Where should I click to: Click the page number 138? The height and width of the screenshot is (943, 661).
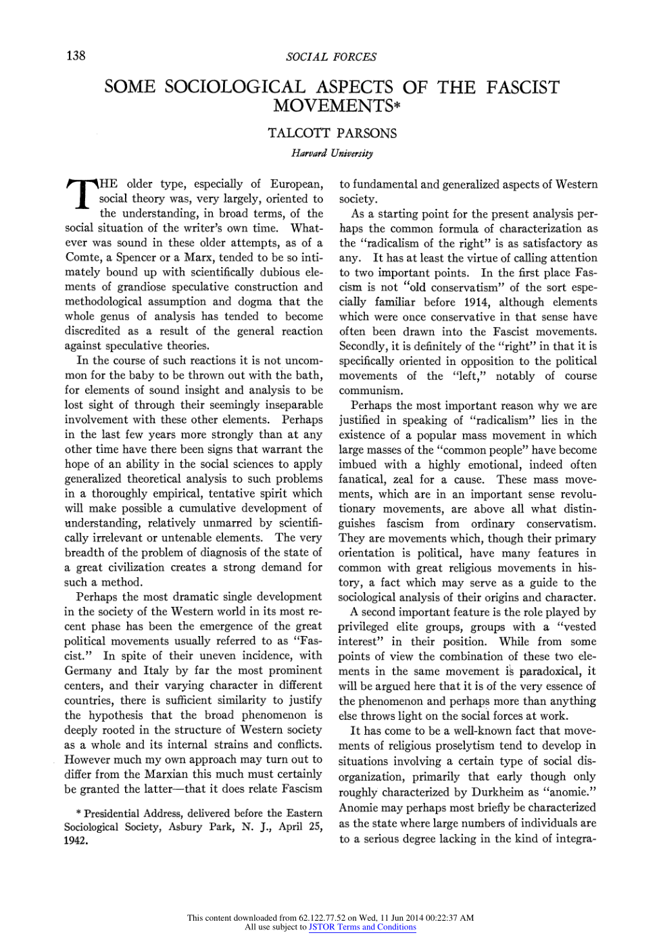click(x=76, y=55)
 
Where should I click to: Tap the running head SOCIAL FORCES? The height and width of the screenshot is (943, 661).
click(x=331, y=57)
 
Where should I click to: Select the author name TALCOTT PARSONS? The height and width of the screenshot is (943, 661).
click(x=332, y=133)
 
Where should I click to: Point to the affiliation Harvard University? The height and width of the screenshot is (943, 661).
click(x=332, y=153)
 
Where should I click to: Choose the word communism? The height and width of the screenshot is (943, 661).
click(x=370, y=391)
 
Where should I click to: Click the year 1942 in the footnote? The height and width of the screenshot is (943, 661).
click(x=76, y=842)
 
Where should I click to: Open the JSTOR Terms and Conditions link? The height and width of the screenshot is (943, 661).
click(x=362, y=927)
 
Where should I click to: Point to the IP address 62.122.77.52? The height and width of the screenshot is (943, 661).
click(x=322, y=918)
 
